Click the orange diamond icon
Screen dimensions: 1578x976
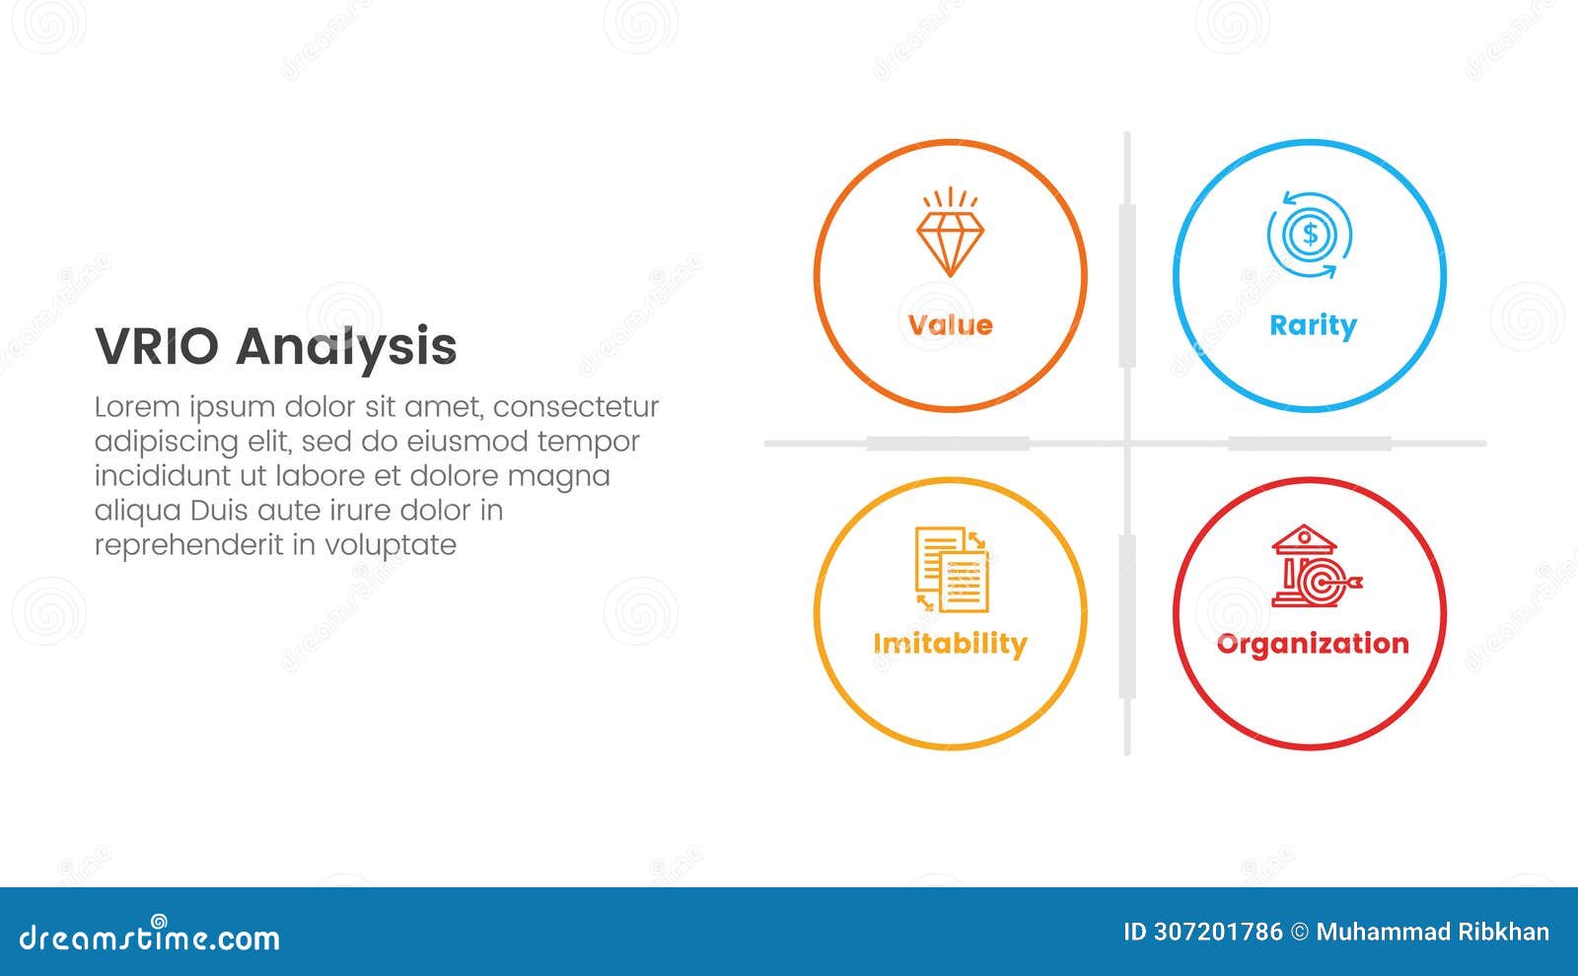coord(951,232)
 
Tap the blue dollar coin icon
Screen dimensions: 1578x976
coord(1310,235)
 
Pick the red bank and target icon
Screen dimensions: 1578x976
coord(1316,566)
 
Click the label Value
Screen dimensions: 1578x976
coord(951,325)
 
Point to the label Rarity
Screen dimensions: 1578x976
coord(1313,326)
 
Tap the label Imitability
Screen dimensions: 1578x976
coord(951,645)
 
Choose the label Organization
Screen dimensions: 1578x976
coord(1313,645)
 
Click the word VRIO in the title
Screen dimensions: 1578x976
coord(157,346)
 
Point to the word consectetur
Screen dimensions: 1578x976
coord(576,407)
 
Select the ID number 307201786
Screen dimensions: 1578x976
coord(1218,933)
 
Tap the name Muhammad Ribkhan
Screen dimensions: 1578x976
coord(1433,933)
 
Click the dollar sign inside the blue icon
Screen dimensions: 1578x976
coord(1310,234)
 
